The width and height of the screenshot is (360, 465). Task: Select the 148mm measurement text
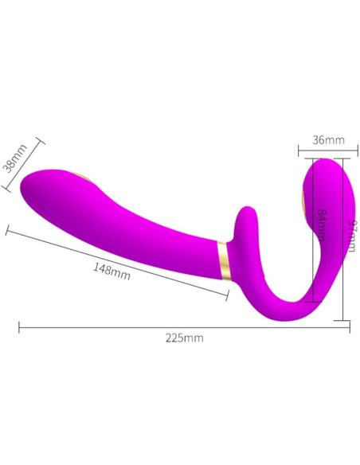pyautogui.click(x=112, y=271)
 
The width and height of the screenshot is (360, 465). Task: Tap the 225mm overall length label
pyautogui.click(x=184, y=338)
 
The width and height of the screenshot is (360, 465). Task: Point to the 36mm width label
pyautogui.click(x=328, y=140)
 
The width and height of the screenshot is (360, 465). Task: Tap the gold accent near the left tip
pyautogui.click(x=83, y=174)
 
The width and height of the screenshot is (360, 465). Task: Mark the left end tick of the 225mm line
pyautogui.click(x=19, y=326)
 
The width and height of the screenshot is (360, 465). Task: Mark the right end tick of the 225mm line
pyautogui.click(x=349, y=326)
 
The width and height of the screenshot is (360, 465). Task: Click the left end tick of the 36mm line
pyautogui.click(x=299, y=150)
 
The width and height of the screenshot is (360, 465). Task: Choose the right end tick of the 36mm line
pyautogui.click(x=344, y=150)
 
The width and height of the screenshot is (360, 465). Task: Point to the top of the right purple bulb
pyautogui.click(x=324, y=160)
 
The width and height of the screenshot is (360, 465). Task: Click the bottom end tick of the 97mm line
pyautogui.click(x=343, y=318)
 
